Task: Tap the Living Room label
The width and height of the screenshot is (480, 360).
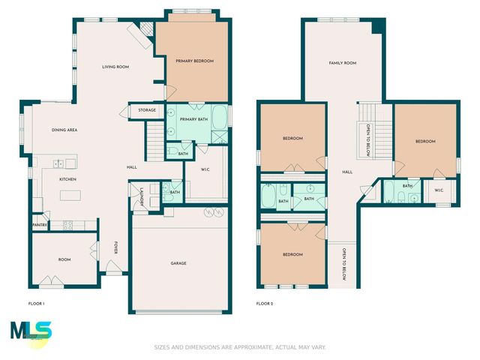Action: pos(116,67)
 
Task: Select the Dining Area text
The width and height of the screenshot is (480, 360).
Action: pos(64,130)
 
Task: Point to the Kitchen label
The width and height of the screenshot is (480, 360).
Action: pos(68,180)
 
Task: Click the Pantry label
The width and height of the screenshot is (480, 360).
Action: pos(40,224)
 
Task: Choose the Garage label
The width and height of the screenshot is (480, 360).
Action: pos(178,263)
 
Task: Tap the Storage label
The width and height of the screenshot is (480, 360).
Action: pos(147,110)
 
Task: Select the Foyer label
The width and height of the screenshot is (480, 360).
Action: pos(115,247)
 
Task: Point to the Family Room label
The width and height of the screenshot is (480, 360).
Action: pos(342,63)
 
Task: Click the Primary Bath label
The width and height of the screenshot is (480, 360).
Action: pos(193,119)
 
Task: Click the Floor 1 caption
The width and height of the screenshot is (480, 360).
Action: pos(36,304)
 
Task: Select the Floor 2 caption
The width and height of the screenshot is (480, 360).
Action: pos(264,304)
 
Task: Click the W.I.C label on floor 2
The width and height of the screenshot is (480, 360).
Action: pos(439,190)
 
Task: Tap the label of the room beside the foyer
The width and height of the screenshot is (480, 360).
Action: pos(64,259)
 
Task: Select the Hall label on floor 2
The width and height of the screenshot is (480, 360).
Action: pos(347,172)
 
